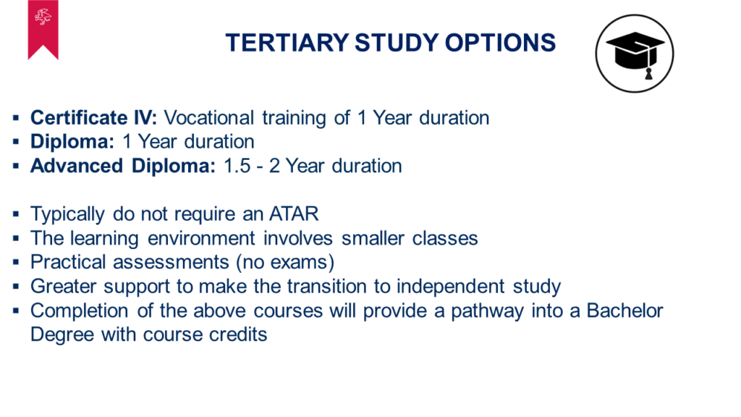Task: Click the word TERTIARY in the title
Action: pos(287,43)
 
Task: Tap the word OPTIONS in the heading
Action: pos(500,43)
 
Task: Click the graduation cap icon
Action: pos(635,54)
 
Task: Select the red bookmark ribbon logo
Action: pos(43,30)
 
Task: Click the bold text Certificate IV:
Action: pos(93,118)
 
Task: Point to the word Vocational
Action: pos(209,118)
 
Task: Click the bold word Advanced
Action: pos(77,166)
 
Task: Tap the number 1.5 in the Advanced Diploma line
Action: pos(237,166)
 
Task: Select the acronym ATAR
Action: pos(294,214)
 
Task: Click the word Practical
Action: pos(68,262)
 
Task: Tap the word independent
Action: pos(451,287)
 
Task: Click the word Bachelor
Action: pos(624,311)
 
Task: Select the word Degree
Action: pos(62,334)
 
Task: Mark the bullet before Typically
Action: pos(16,214)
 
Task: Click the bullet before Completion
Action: pos(16,311)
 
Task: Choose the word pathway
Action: pos(487,311)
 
